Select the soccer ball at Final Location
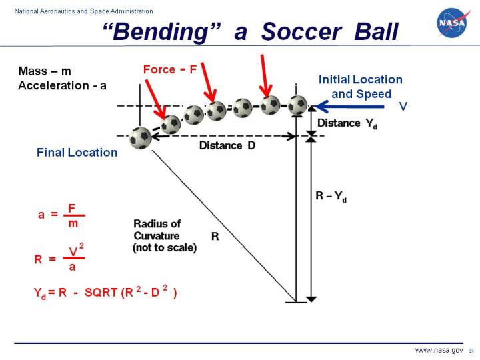point(141,137)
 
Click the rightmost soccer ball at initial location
point(297,105)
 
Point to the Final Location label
point(77,153)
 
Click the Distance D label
point(227,145)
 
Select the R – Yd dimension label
point(331,196)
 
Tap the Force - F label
point(170,69)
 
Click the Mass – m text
point(45,71)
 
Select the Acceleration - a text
point(63,85)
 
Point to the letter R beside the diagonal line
point(215,237)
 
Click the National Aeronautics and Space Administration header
point(79,11)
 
